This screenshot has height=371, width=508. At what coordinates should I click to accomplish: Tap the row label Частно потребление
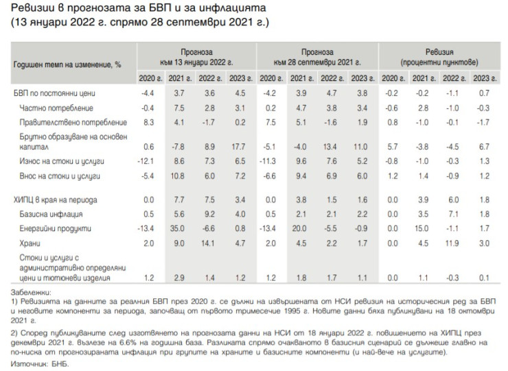pyautogui.click(x=56, y=108)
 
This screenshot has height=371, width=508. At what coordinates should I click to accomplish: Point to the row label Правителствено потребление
pyautogui.click(x=74, y=123)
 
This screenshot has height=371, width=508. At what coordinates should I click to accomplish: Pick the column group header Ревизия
pyautogui.click(x=437, y=52)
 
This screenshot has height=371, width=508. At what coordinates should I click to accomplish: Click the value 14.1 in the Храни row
pyautogui.click(x=209, y=243)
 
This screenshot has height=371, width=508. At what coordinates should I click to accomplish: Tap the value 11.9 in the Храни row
pyautogui.click(x=453, y=243)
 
